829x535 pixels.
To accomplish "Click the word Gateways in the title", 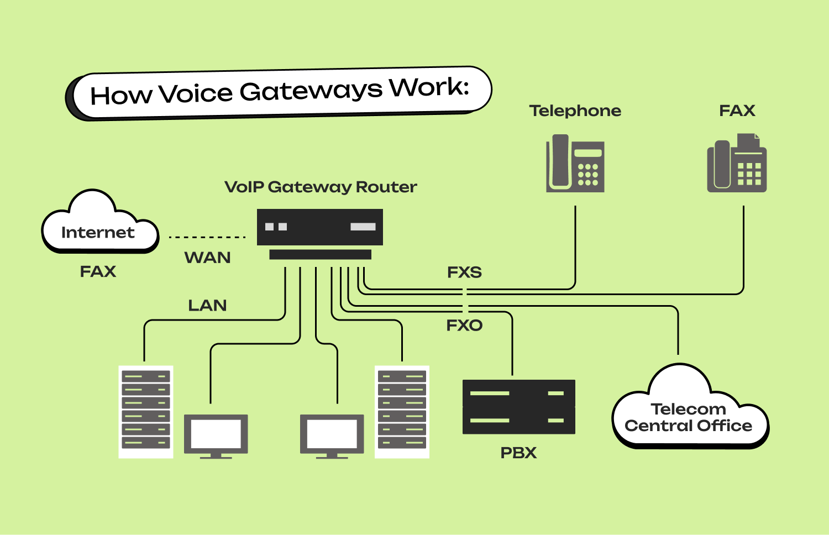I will pos(311,91).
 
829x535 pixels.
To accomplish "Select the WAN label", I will pos(207,258).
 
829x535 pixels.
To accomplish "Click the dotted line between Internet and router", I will pos(207,237).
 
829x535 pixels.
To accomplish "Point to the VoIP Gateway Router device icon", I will pos(319,228).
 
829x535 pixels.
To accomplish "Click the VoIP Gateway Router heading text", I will pos(321,187).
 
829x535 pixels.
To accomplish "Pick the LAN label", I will pos(207,306).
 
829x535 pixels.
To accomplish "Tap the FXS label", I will pos(464,272).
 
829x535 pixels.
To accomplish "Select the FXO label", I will pos(464,326).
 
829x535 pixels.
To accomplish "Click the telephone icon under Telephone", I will pos(575,164).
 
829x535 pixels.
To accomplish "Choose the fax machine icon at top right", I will pos(737,164).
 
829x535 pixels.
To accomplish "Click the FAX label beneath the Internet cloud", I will pos(98,272).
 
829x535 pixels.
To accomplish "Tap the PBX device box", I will pos(518,407).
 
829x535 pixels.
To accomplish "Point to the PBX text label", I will pos(518,453).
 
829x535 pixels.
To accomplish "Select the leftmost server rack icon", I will pos(146,412).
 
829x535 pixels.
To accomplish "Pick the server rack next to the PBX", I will pos(402,412).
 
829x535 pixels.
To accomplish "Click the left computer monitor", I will pos(216,434).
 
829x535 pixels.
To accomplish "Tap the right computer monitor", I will pos(332,434).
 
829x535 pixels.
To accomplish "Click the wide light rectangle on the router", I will pos(363,227).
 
